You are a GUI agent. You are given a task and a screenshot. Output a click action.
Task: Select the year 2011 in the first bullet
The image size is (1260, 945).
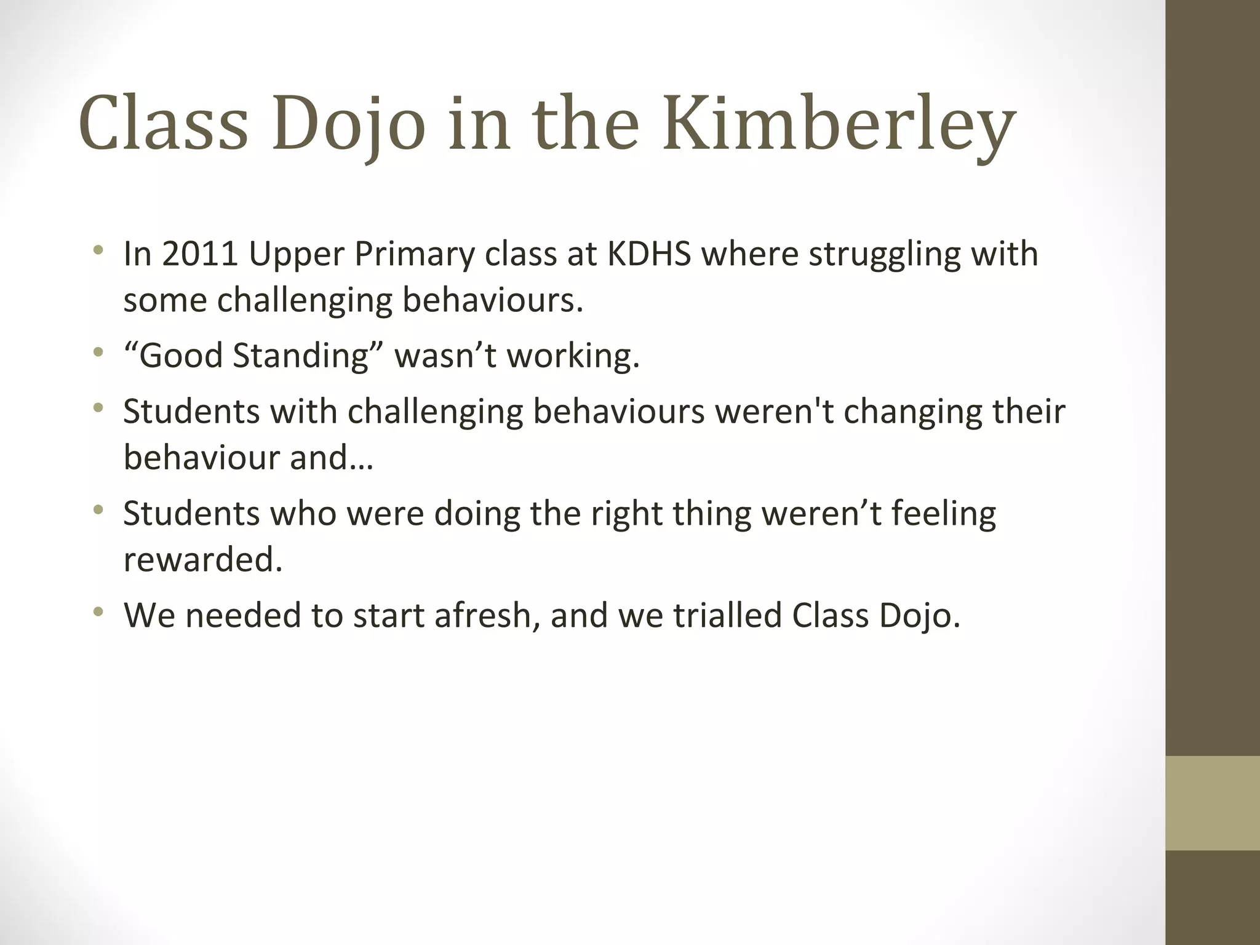pos(200,253)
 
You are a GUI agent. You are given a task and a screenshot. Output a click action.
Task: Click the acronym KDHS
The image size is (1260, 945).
pos(649,253)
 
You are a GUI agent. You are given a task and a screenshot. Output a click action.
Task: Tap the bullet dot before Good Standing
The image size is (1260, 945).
pos(97,353)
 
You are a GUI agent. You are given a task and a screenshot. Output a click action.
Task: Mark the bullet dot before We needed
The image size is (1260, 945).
pos(97,612)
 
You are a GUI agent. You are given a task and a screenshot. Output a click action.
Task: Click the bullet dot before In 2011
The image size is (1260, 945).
pos(97,250)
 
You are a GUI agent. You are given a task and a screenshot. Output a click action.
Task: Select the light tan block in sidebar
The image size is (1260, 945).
pos(1212,803)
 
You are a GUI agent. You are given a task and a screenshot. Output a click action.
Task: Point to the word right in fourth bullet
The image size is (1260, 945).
pos(626,514)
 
